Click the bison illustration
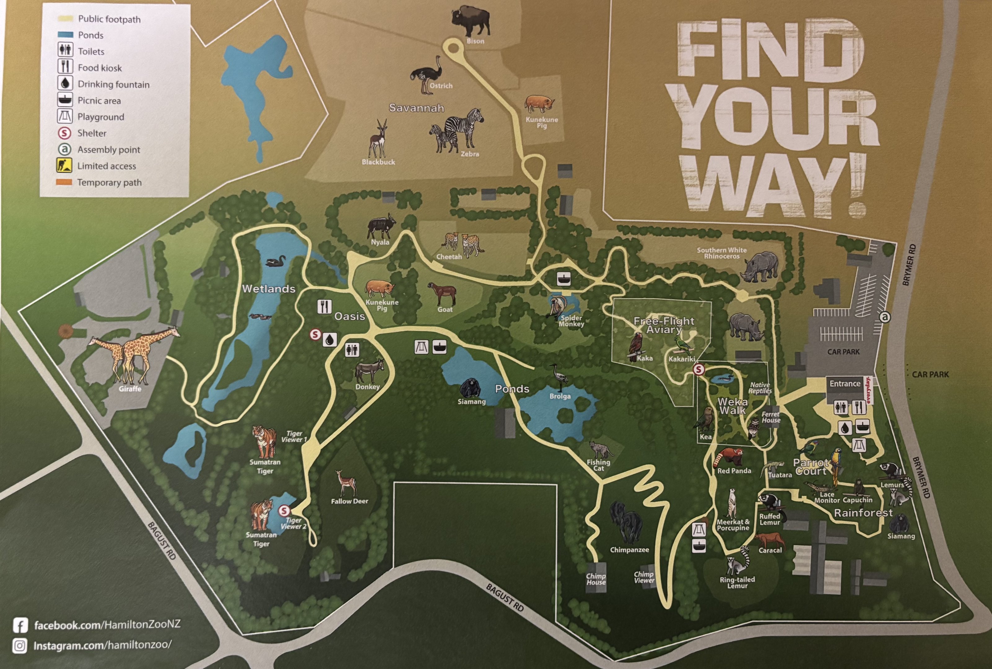coord(470,21)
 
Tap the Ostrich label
coord(441,86)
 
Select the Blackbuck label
coord(378,162)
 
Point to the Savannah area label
coord(416,108)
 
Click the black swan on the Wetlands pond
coord(275,261)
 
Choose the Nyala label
coord(380,242)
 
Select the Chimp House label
coord(596,579)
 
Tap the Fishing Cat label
coord(598,465)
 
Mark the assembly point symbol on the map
coord(885,317)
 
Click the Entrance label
coord(845,383)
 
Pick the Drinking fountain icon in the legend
coord(65,84)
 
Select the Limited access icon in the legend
coord(64,165)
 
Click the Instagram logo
coord(20,645)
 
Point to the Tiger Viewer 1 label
coord(294,436)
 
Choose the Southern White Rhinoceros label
coord(722,253)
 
